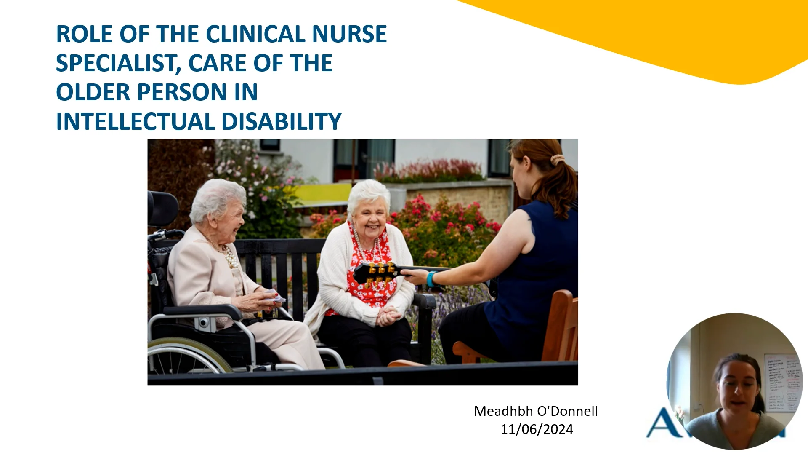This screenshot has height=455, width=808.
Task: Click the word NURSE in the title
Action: (x=349, y=34)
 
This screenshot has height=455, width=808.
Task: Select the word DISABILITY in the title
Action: (x=281, y=122)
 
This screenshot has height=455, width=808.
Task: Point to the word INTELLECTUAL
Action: (x=136, y=122)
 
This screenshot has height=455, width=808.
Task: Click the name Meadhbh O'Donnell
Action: (x=536, y=411)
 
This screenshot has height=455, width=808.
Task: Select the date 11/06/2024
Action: (x=537, y=429)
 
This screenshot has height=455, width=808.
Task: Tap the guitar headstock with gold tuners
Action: (x=376, y=273)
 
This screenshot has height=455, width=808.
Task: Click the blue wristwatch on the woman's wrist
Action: (x=431, y=279)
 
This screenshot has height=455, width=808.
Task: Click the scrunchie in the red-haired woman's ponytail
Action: (x=558, y=160)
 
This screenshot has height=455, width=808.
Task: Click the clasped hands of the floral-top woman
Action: (x=388, y=316)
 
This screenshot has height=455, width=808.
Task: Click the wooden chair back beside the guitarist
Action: (x=561, y=327)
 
